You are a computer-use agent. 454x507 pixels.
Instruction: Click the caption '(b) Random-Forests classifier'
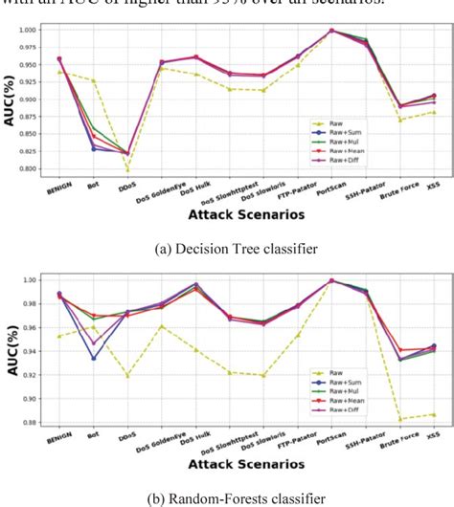tap(226, 496)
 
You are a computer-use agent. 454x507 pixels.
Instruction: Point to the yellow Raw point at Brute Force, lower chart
tap(399, 419)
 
